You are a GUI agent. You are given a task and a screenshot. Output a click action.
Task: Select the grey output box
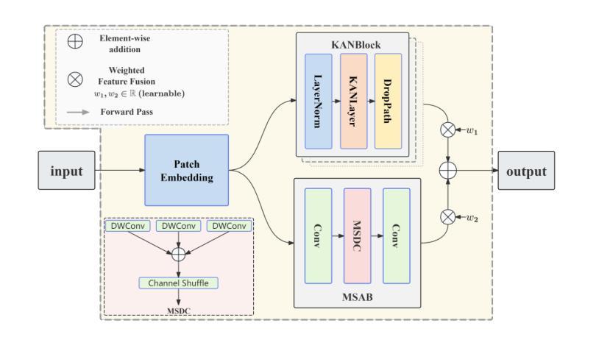pos(525,171)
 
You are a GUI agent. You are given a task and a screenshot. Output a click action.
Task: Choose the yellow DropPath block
pos(390,101)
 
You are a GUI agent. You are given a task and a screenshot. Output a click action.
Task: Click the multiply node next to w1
pos(447,130)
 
